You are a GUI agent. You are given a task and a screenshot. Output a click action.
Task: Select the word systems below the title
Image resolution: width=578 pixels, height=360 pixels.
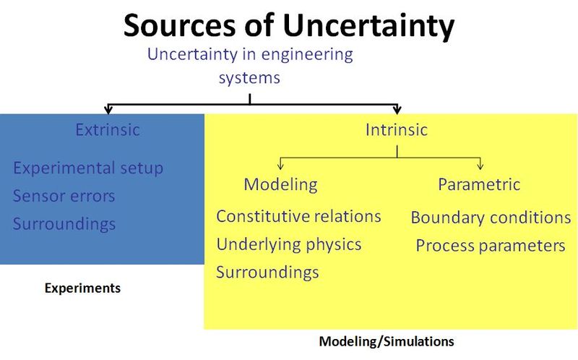(x=249, y=76)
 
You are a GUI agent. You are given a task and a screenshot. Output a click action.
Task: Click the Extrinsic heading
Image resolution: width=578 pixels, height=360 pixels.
(x=108, y=130)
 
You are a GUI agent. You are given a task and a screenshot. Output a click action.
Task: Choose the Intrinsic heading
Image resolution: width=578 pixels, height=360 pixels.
(x=396, y=130)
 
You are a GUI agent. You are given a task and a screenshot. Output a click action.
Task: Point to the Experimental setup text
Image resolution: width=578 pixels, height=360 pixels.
(x=88, y=168)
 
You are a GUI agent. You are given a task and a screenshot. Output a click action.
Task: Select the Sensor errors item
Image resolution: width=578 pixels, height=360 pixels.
(x=64, y=196)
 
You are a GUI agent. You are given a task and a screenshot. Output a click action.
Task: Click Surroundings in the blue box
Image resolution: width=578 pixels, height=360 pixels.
(x=64, y=223)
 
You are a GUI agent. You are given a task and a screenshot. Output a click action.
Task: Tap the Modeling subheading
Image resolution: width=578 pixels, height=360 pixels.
(x=280, y=184)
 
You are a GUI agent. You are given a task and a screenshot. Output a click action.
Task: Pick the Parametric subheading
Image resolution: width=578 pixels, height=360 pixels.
(x=479, y=184)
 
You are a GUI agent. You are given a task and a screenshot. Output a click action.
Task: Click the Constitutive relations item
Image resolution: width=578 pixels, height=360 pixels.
(x=298, y=216)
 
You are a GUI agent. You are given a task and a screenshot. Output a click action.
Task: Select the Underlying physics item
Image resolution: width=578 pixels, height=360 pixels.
(x=289, y=244)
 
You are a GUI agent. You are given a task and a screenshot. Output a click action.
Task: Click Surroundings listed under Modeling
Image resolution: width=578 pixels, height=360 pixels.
(x=267, y=273)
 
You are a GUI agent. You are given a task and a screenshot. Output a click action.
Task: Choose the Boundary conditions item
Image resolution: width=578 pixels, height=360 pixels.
(x=491, y=218)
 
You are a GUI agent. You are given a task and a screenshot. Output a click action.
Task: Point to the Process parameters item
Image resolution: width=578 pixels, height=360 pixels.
(x=491, y=246)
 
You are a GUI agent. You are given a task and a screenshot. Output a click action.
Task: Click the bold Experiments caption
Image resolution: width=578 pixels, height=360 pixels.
(x=82, y=288)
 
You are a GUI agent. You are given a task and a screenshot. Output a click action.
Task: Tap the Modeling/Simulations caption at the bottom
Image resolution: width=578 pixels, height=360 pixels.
(x=387, y=340)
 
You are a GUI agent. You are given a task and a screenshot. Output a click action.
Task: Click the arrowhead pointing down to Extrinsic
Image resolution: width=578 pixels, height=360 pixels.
(x=108, y=110)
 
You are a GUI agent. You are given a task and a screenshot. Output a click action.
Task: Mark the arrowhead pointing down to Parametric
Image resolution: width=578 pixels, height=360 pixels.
(x=480, y=166)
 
